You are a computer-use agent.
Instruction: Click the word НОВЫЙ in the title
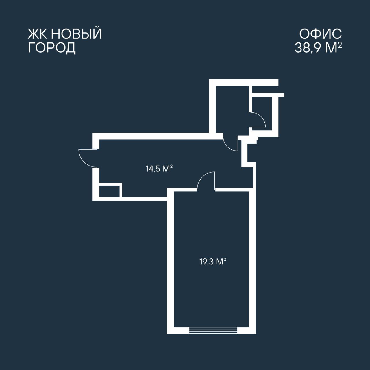(77, 34)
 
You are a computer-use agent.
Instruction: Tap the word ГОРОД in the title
(52, 48)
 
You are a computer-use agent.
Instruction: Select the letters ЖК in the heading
(38, 34)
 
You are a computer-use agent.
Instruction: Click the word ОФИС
(321, 34)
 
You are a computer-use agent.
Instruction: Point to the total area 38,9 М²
(318, 47)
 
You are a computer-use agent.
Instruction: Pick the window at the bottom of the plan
(213, 330)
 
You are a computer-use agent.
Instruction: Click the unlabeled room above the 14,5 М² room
(232, 110)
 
